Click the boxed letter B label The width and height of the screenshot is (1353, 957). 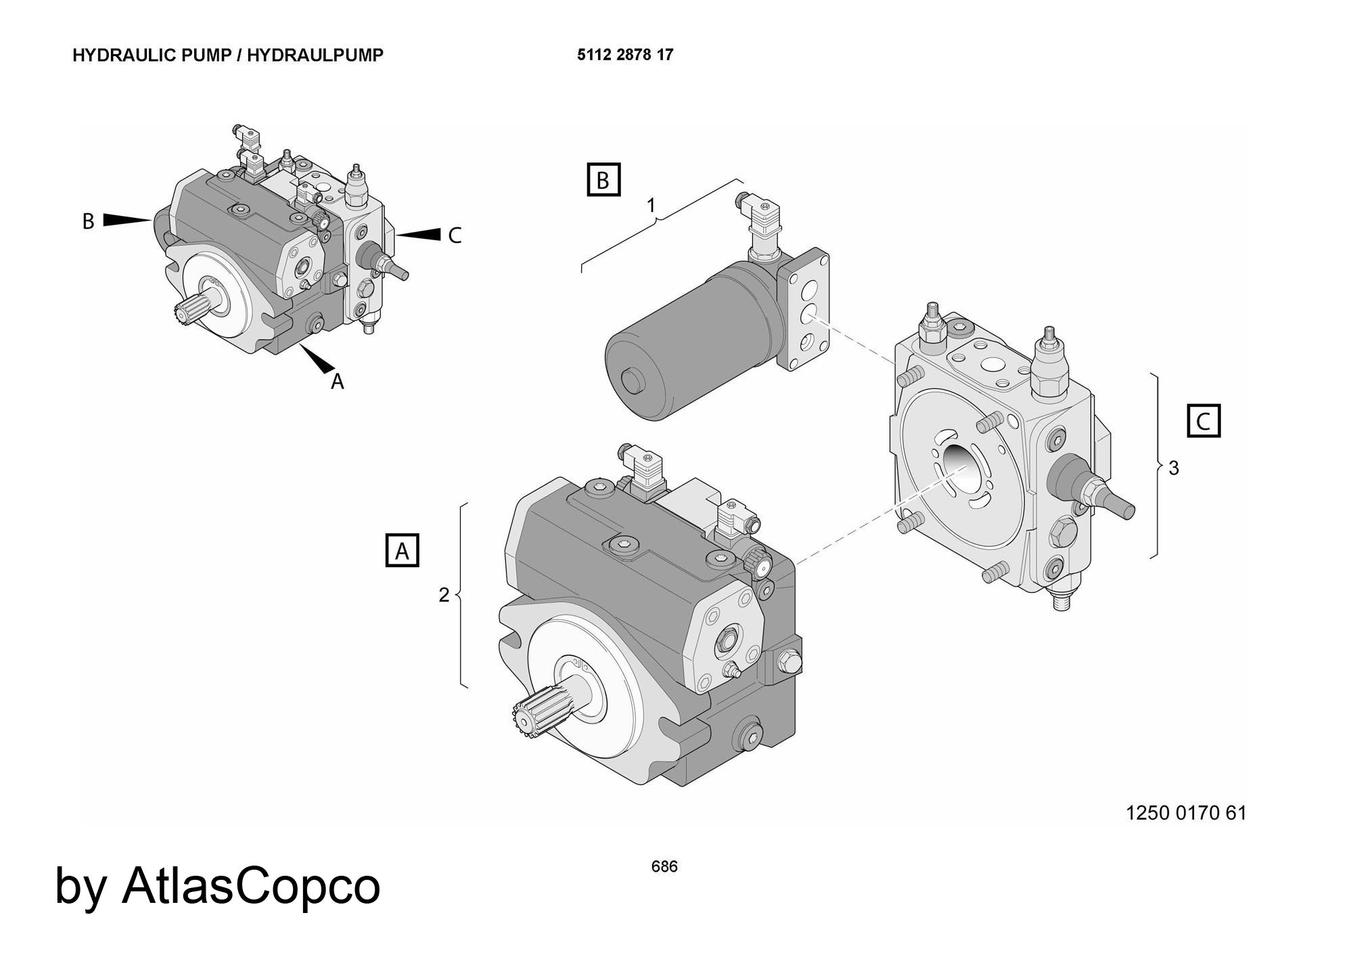point(603,179)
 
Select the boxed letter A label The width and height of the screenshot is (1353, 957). point(402,550)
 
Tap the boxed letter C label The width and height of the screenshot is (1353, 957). point(1203,421)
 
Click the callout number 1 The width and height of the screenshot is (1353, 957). point(651,205)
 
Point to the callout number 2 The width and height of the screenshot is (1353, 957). point(444,595)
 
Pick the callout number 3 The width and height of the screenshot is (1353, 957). point(1174,468)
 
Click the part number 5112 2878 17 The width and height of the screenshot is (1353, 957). point(625,55)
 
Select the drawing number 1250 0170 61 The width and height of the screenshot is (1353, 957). point(1185,813)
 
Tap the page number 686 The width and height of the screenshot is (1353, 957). point(664,866)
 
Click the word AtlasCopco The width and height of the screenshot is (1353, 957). point(251,885)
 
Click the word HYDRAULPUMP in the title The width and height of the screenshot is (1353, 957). point(315,55)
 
